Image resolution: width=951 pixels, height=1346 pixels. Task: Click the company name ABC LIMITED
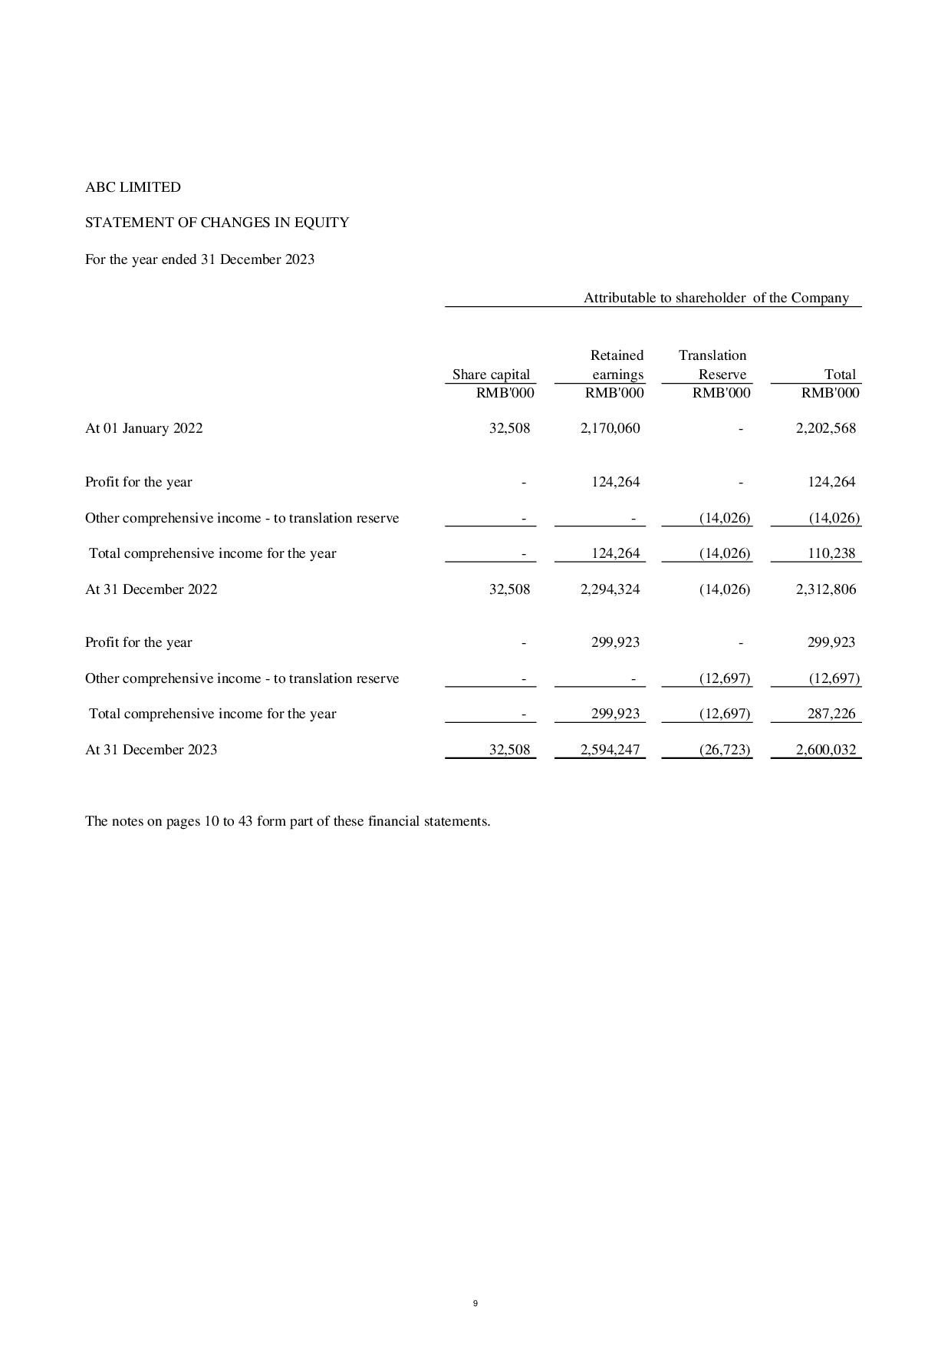point(133,187)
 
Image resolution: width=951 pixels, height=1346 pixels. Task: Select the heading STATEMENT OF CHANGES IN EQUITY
point(217,223)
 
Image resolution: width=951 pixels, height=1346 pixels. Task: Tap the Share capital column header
point(491,374)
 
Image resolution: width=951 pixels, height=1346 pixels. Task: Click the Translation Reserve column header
point(713,365)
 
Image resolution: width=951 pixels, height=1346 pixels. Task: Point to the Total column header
point(840,374)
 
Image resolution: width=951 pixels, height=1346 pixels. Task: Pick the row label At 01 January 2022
point(144,428)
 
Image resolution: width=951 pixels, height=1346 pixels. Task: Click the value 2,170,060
point(610,428)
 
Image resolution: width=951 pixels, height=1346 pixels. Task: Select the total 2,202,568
point(826,428)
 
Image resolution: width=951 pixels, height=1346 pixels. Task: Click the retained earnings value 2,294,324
point(610,589)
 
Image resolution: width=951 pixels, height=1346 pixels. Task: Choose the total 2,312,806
point(826,589)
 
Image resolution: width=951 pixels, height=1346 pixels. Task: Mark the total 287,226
point(831,714)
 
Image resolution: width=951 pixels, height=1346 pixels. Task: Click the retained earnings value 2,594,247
point(610,750)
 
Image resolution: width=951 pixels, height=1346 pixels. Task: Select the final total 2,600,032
point(826,750)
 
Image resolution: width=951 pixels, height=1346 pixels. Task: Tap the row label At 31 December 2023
point(151,750)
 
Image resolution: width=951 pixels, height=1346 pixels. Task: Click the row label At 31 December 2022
point(151,589)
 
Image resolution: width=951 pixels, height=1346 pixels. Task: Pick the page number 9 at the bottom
point(475,1303)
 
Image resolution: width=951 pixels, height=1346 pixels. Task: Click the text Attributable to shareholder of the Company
point(716,298)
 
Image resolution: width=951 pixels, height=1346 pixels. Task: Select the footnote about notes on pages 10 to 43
point(288,821)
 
